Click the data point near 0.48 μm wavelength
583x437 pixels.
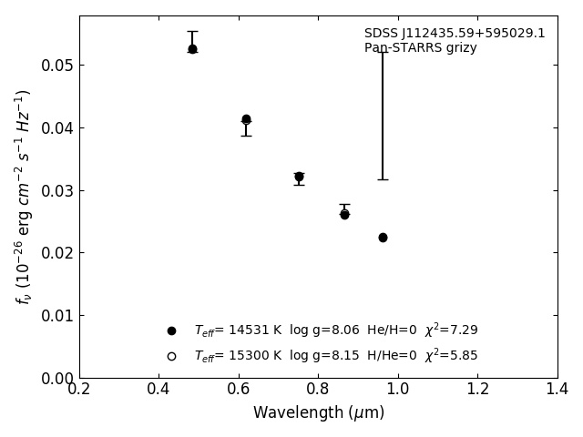(x=192, y=49)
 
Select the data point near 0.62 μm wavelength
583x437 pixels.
(x=246, y=119)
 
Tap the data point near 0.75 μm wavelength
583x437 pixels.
(x=299, y=177)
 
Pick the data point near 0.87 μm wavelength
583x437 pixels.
(x=344, y=214)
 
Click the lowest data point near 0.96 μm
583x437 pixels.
(x=383, y=238)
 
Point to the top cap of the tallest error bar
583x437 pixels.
(x=383, y=52)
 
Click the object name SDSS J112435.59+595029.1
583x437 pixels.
(x=455, y=34)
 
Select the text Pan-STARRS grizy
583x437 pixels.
(x=420, y=48)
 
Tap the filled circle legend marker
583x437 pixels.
(x=171, y=330)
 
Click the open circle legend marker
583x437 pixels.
(x=171, y=356)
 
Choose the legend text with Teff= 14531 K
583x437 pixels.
(x=335, y=330)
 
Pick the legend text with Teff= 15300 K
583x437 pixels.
(x=335, y=356)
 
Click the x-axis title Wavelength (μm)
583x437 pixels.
(x=318, y=413)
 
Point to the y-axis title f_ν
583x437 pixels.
(x=24, y=196)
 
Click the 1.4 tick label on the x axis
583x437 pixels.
(x=557, y=389)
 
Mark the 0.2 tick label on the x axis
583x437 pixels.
(x=79, y=389)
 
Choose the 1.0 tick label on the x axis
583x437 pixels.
(x=397, y=389)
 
